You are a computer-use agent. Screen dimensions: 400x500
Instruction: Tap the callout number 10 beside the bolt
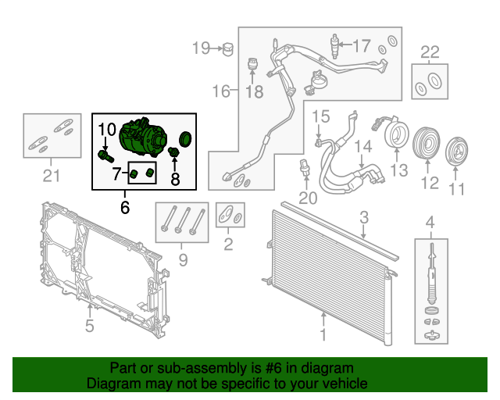click(108, 128)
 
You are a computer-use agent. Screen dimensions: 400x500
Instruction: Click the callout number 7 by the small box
click(116, 172)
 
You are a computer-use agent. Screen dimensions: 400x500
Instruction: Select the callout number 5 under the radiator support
click(89, 325)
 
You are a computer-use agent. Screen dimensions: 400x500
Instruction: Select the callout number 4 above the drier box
click(429, 227)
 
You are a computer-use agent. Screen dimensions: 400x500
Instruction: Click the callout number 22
click(430, 52)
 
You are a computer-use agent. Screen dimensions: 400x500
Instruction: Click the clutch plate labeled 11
click(456, 150)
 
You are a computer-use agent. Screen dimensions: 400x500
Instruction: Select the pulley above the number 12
click(427, 145)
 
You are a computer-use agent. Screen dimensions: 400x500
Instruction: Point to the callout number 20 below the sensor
click(308, 198)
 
